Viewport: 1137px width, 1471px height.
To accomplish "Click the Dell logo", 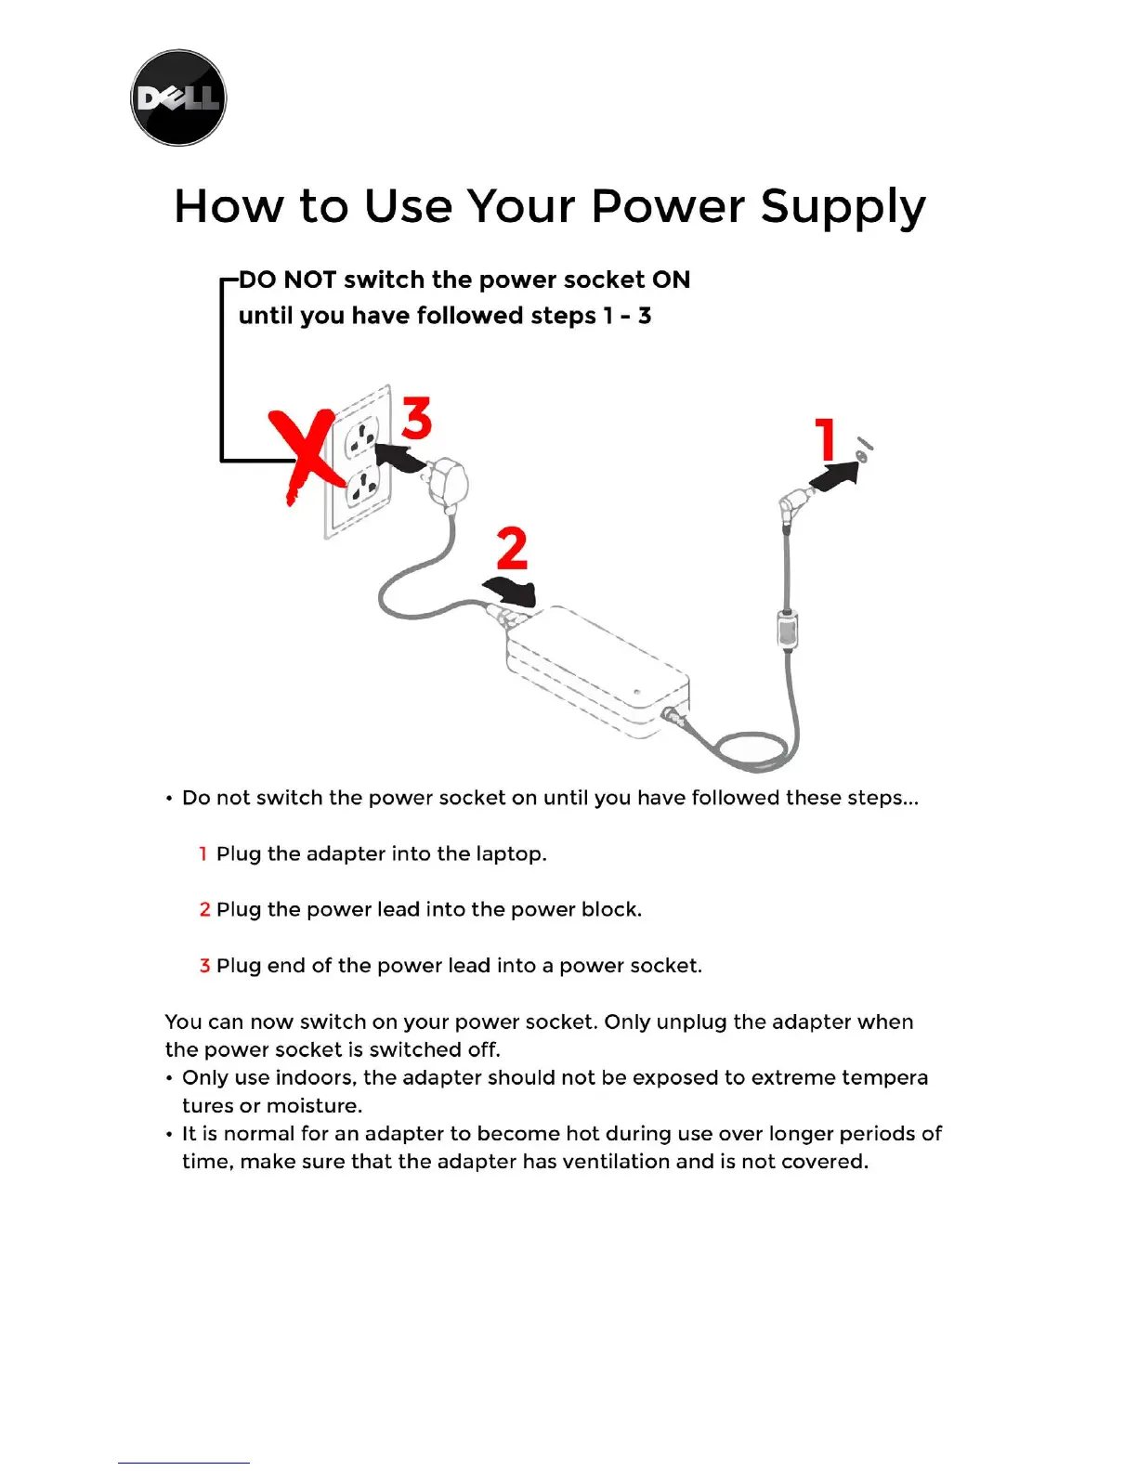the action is [178, 98].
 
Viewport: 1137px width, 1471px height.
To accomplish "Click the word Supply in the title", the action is [843, 207].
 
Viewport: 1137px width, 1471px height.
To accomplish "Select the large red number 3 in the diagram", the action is [417, 419].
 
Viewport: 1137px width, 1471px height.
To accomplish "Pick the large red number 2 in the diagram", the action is [512, 550].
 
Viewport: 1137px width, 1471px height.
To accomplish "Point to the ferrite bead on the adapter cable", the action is [787, 629].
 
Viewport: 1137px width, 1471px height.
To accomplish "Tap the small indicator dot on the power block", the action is [636, 692].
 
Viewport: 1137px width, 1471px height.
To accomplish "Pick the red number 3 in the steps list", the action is [204, 966].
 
